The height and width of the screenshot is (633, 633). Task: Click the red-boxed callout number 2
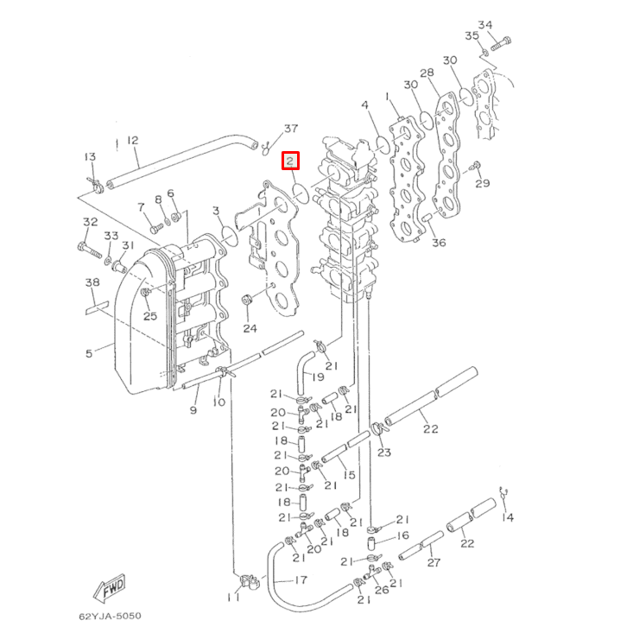291,161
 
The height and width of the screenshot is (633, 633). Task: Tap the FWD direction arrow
111,591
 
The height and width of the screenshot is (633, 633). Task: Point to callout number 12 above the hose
132,140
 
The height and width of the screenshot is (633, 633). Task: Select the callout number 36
439,243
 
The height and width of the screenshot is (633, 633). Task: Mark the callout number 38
92,283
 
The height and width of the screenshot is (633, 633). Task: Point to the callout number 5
88,352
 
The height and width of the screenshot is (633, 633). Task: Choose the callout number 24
250,328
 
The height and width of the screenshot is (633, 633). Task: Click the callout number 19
318,377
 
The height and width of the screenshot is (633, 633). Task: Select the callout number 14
507,518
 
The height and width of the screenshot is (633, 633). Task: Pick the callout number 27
434,562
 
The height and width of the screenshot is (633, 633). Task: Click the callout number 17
301,580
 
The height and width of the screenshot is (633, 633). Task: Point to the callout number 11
235,598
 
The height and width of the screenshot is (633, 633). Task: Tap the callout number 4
365,104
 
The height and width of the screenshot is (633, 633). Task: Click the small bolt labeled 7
155,229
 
